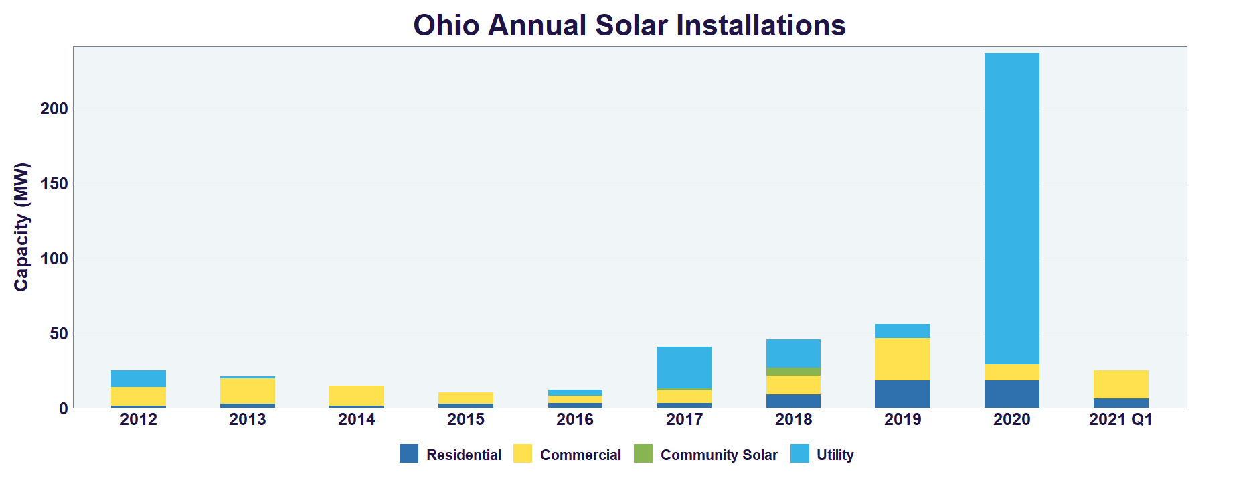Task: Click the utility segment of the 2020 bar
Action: coord(1011,208)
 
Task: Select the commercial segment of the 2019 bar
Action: coord(902,359)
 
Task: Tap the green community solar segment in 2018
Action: coord(793,372)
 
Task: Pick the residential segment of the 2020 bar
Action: coord(1011,394)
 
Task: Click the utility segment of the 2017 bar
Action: coord(684,367)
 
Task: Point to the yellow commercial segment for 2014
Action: coord(357,395)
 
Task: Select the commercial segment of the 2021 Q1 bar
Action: coord(1120,384)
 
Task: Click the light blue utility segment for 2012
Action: coord(139,378)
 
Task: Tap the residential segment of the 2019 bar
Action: coord(902,394)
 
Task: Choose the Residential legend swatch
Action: coord(409,453)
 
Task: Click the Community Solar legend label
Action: coord(718,455)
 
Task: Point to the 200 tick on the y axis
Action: coord(54,108)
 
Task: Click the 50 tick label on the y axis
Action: coord(59,333)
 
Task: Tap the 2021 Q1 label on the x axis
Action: coord(1120,420)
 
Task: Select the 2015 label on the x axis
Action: coord(466,420)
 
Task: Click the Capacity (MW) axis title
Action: coord(22,226)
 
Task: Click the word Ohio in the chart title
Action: coord(446,25)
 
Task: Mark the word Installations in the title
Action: coord(761,25)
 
